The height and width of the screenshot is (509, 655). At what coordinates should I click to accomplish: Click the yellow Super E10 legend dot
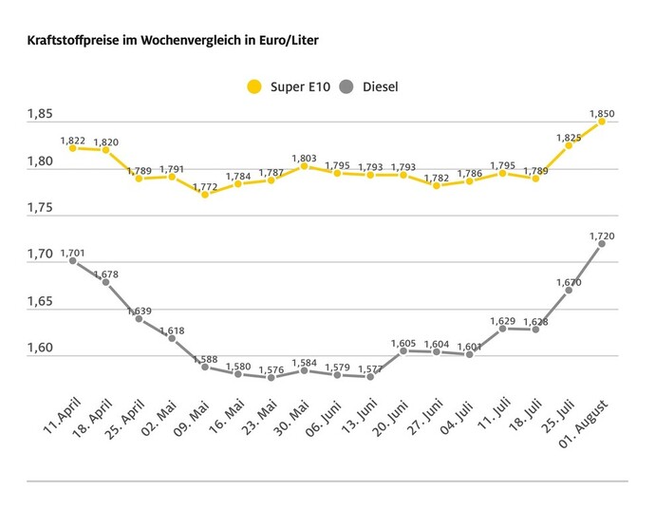(253, 86)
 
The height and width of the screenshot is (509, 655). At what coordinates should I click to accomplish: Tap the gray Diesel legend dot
(346, 86)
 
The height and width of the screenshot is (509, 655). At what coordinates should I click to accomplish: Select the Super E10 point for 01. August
(602, 121)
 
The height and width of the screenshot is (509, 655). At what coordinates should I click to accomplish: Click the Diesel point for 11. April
(72, 260)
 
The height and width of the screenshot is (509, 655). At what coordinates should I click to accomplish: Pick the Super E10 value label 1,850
(602, 114)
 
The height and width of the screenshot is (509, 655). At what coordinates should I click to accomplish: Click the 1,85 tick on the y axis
(40, 115)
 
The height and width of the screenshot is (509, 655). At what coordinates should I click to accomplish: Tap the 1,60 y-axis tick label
(40, 348)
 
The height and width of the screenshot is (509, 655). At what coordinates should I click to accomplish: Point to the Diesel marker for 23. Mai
(271, 377)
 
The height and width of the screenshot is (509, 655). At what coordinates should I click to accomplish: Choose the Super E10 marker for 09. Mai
(205, 194)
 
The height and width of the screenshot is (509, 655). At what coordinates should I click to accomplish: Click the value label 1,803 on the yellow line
(304, 159)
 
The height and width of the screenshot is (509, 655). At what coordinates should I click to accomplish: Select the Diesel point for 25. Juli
(569, 290)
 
